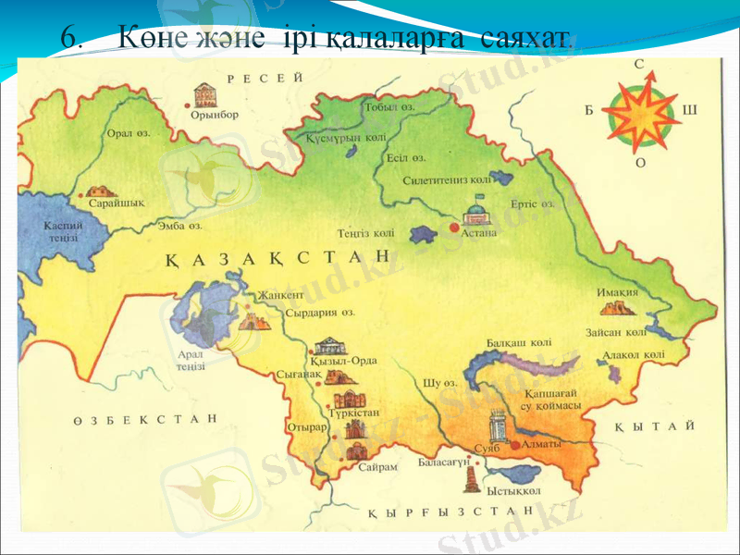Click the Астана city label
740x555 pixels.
point(479,233)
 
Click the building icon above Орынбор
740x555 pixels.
point(203,93)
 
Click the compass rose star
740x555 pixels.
point(639,116)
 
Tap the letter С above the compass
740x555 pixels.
point(639,64)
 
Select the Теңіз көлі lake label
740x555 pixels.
point(367,233)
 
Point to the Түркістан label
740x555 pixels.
point(355,413)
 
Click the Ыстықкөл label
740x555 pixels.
point(513,490)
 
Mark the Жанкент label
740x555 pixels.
point(281,295)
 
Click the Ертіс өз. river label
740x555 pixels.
point(532,203)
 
